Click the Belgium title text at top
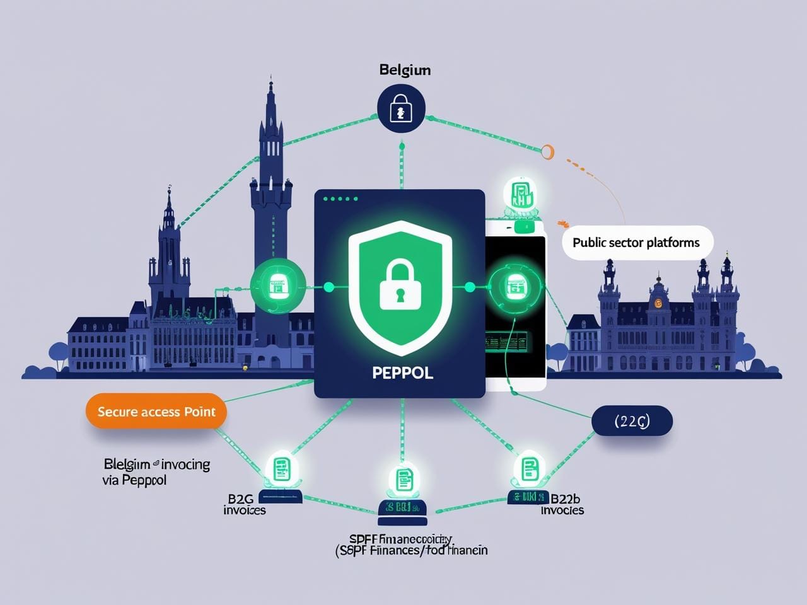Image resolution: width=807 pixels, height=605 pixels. (405, 70)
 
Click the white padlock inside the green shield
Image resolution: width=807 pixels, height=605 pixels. (400, 287)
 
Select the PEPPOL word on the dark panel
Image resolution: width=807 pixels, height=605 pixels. (402, 372)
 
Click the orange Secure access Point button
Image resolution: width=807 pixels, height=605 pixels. (156, 412)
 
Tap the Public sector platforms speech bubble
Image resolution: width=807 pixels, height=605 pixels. (636, 243)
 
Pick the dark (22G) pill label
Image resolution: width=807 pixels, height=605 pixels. (632, 422)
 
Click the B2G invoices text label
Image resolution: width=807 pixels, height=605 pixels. (245, 504)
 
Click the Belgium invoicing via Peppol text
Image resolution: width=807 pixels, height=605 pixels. (156, 472)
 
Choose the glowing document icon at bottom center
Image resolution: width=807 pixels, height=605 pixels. (402, 480)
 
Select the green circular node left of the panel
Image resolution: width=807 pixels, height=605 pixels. (278, 287)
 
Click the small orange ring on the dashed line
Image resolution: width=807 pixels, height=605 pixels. (547, 150)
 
